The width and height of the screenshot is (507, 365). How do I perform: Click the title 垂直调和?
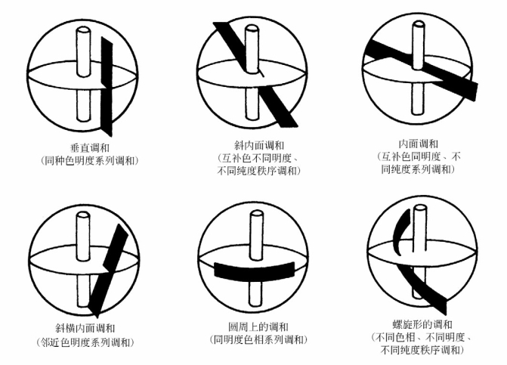click(90, 148)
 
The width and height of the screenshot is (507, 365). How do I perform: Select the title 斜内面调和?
click(259, 146)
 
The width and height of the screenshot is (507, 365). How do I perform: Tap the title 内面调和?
click(419, 144)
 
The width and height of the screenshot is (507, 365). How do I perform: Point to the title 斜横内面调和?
click(85, 328)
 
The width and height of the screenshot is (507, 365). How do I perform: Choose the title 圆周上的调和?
click(258, 327)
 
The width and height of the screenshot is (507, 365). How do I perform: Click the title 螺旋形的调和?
click(422, 324)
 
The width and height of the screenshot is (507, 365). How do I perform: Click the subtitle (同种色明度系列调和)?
click(90, 161)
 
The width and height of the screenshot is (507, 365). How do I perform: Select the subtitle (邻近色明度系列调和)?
click(85, 342)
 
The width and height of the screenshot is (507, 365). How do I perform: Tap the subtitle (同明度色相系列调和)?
click(258, 340)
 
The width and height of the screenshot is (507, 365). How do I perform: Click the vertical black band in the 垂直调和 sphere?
click(107, 86)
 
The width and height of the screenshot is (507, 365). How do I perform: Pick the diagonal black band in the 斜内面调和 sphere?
click(255, 74)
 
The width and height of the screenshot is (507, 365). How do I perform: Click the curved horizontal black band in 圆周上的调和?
click(255, 270)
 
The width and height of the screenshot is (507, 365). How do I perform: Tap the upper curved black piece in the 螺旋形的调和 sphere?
click(400, 232)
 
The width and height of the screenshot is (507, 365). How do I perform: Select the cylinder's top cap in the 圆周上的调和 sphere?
click(257, 215)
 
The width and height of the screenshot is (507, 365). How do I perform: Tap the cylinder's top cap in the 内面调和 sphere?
click(419, 25)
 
